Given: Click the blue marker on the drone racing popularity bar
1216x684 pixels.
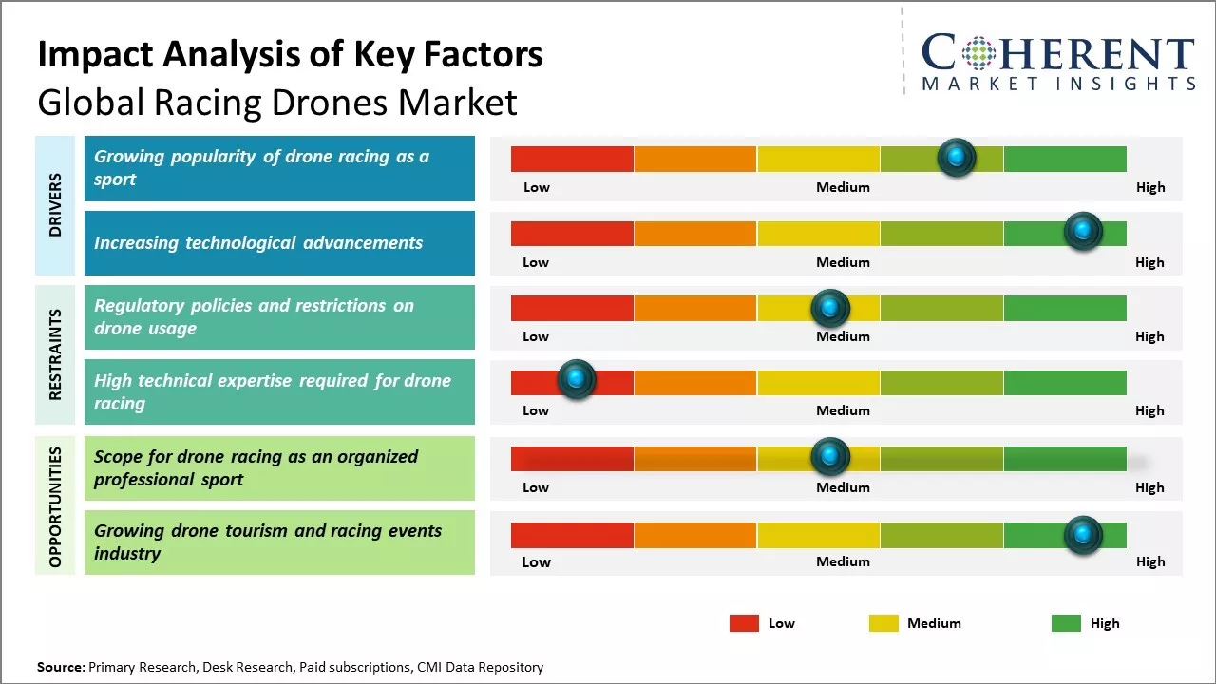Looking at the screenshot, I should pos(957,157).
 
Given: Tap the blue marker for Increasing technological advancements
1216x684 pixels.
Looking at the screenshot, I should pos(1082,231).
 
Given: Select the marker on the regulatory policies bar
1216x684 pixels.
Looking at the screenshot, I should pos(830,308).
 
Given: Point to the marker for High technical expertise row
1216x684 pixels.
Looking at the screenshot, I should pos(576,380).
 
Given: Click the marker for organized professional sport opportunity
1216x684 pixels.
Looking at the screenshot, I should pos(830,457).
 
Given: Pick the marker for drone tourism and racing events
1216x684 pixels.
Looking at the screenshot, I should pos(1082,535).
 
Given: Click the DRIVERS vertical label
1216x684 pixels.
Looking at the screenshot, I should pos(55,205).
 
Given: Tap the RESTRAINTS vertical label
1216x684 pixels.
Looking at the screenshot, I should pos(55,354).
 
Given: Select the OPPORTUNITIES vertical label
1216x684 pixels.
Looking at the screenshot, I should pos(55,506).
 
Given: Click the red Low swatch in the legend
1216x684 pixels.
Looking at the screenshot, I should pos(744,623).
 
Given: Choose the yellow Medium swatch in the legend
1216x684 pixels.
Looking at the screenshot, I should pos(883,623).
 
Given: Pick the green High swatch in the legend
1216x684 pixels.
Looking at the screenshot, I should pos(1066,623).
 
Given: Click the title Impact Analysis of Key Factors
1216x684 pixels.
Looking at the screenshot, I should pos(290,55).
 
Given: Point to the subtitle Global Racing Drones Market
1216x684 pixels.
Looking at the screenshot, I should pos(277,102).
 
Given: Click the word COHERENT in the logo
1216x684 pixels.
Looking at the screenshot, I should pos(1058,53).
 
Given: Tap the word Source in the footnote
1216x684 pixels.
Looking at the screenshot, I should pos(61,667).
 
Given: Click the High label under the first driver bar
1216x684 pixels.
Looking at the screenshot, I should pos(1150,187).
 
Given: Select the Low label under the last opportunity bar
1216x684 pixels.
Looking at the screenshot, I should pos(536,561).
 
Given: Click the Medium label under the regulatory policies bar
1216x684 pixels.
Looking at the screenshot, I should pos(843,336).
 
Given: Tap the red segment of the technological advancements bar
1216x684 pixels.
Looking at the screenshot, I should pos(572,234).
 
